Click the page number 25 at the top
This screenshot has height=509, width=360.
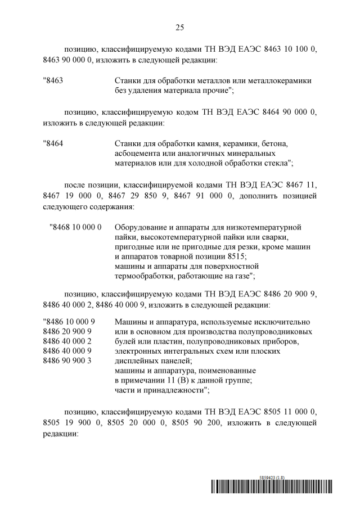(180, 27)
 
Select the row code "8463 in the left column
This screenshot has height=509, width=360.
(53, 80)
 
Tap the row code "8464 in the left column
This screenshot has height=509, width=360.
(53, 143)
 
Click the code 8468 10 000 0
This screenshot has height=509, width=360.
(76, 227)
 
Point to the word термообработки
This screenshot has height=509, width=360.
(142, 276)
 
